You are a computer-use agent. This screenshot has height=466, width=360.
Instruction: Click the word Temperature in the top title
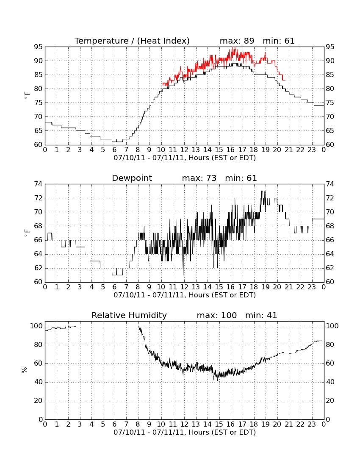point(101,41)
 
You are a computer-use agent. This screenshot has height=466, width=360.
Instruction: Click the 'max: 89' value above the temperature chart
point(237,41)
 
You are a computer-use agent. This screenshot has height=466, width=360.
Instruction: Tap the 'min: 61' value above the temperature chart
point(279,41)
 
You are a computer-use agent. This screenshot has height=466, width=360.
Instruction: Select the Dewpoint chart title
point(132,178)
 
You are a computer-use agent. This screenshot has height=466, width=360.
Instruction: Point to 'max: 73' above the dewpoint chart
point(199,178)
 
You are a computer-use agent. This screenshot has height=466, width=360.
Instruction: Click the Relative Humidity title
point(129,315)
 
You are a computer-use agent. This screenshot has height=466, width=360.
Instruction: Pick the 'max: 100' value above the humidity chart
point(217,315)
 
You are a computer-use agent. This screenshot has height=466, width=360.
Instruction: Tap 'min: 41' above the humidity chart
point(261,315)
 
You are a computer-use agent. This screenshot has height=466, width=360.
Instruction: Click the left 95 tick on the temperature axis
point(38,47)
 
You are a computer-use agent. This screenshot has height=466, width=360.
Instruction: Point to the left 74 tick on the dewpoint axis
point(38,184)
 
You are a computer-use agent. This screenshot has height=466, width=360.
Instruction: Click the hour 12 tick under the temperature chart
point(184,150)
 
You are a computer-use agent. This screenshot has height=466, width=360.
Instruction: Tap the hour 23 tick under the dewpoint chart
point(312,287)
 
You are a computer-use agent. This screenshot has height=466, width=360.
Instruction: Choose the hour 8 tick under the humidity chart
point(138,424)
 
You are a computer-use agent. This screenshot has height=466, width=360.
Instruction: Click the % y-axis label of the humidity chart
point(25,370)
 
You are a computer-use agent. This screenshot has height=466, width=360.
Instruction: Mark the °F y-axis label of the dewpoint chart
point(27,233)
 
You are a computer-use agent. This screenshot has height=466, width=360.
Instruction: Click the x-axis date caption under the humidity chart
point(185,432)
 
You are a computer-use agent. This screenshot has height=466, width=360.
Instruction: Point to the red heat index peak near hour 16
point(233,47)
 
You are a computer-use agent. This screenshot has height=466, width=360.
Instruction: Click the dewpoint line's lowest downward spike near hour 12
point(183,274)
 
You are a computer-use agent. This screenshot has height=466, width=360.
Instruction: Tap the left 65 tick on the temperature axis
point(38,131)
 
